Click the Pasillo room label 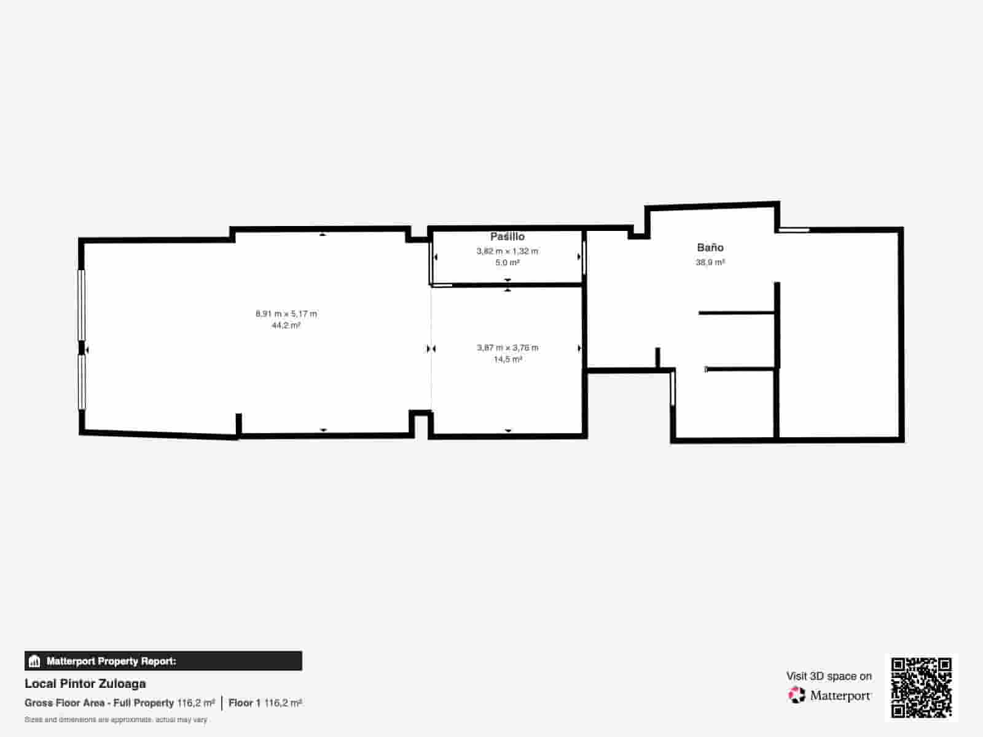point(507,236)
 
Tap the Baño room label point(710,248)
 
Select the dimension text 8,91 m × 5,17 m point(286,314)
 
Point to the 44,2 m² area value point(286,326)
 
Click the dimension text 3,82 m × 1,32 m point(507,251)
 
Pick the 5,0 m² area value point(507,263)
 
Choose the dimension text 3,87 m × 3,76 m point(507,348)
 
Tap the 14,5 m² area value point(508,359)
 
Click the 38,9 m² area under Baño point(710,262)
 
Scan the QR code point(921,687)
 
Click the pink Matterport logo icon point(797,695)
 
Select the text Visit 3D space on point(829,676)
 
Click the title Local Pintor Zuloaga point(85,684)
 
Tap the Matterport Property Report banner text point(112,661)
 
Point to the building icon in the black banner point(34,661)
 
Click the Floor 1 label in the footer point(245,703)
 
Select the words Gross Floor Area point(64,703)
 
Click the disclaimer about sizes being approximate point(116,720)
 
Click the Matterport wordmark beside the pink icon point(840,696)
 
